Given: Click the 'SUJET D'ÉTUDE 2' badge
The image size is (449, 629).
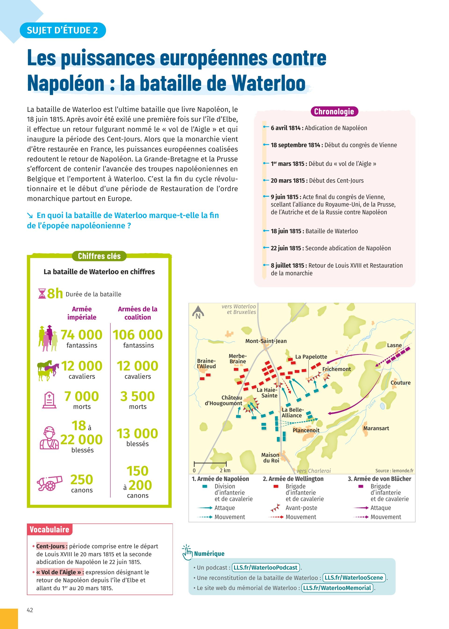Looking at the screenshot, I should point(62,30).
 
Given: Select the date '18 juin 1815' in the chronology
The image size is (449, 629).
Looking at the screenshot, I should point(286,231).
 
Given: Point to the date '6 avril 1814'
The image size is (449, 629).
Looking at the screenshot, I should point(286,128).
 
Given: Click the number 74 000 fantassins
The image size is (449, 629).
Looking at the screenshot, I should point(82,335).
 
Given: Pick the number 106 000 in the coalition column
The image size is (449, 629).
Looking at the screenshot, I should point(138,335).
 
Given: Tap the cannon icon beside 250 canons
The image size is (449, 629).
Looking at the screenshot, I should point(50,483).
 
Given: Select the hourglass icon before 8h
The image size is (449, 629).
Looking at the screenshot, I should point(42,294).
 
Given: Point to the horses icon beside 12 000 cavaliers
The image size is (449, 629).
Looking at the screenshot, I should point(48,371).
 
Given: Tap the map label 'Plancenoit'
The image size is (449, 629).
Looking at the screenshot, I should point(306,430).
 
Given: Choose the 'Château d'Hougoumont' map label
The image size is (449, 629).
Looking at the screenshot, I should point(223,400).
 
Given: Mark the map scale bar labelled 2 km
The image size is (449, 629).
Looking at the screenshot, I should point(210,464).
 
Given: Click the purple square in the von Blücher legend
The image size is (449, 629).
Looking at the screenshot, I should point(361,486).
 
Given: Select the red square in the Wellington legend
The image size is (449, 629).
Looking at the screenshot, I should point(276,486).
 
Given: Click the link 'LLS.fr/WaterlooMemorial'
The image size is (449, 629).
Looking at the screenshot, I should point(337,588).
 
